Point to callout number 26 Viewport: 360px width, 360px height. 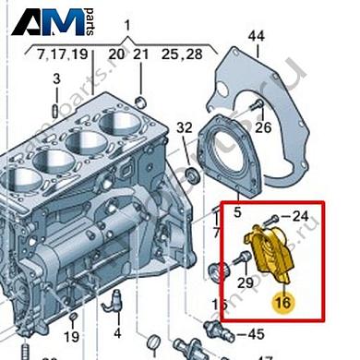(263, 126)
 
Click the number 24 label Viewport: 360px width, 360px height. (301, 217)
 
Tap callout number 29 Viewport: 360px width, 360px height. (245, 282)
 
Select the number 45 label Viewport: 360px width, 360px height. (256, 334)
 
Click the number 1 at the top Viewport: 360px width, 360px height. (127, 22)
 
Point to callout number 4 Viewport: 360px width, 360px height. (117, 332)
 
